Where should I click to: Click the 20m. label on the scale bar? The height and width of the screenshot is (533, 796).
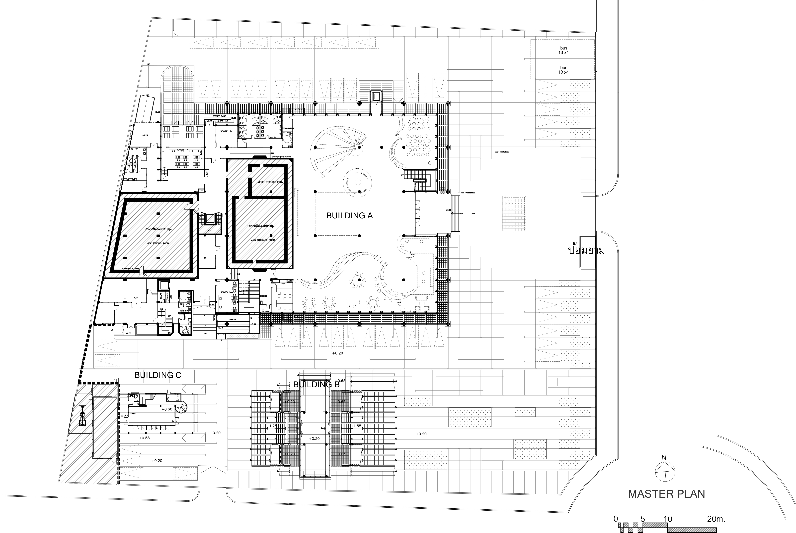716,519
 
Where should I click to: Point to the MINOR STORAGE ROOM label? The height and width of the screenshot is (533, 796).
270,182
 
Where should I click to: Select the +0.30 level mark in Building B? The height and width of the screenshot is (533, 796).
314,438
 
